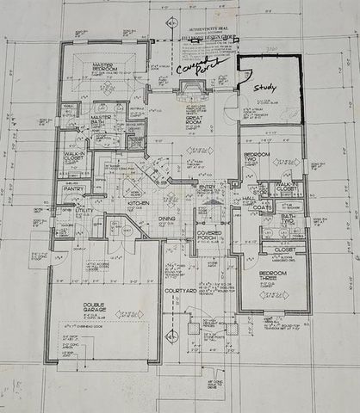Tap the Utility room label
tap(84, 210)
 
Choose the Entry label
tap(207, 187)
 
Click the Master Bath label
tap(102, 119)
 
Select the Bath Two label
tap(286, 219)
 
